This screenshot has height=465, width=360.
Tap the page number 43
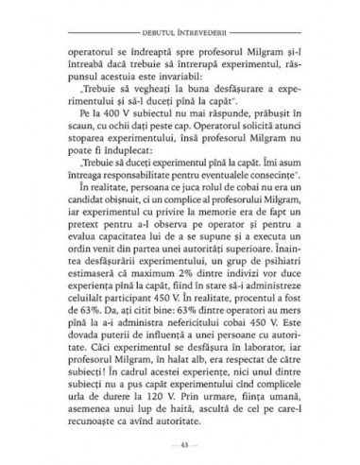point(180,444)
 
